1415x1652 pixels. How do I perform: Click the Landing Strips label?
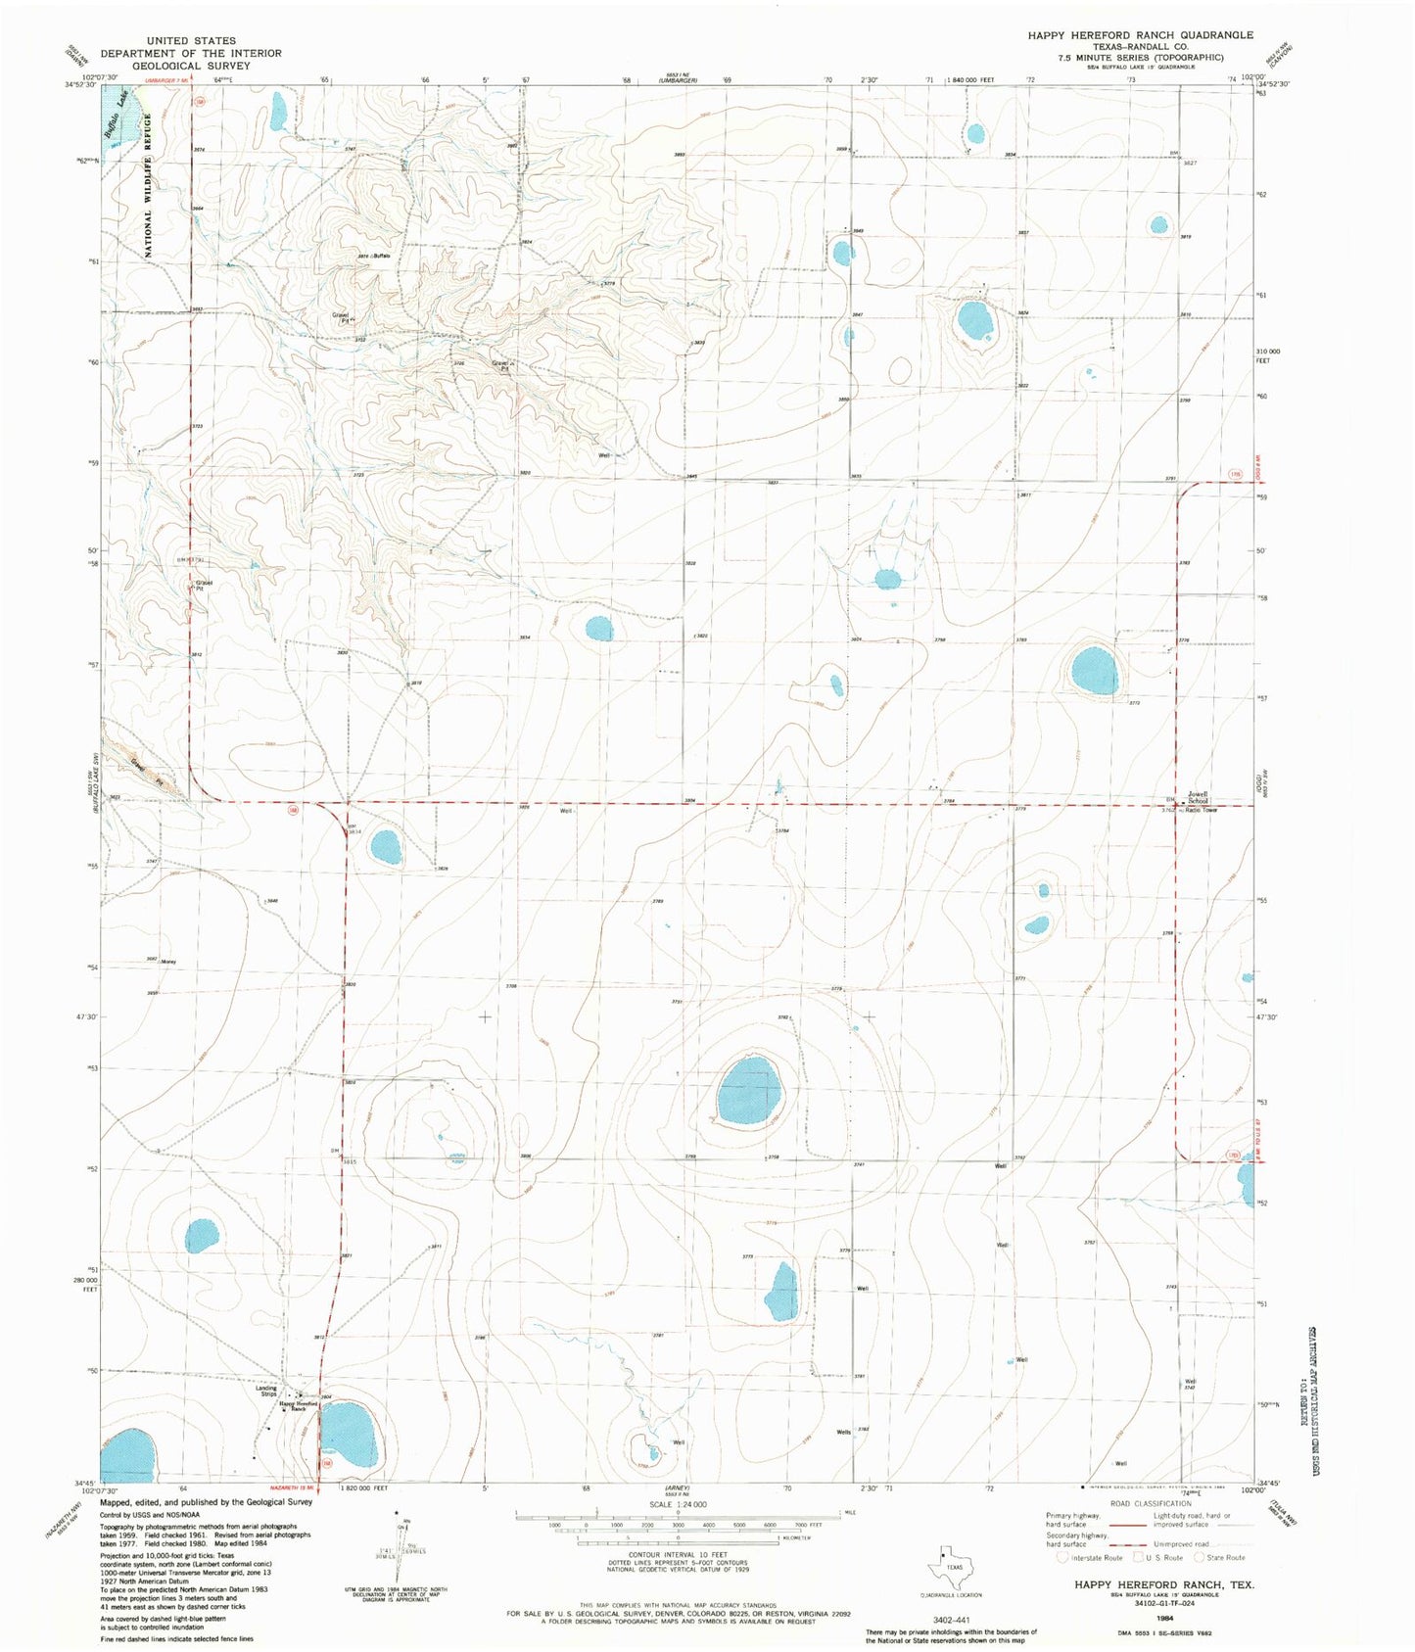266,1391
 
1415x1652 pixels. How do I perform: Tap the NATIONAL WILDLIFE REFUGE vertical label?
150,185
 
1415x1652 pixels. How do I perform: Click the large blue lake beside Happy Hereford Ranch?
348,1435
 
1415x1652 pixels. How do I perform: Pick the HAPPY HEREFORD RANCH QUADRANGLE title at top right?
1140,35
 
